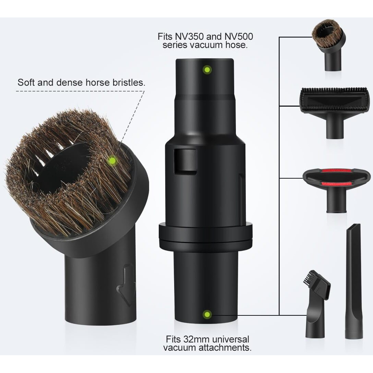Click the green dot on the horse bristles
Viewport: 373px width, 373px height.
click(x=112, y=161)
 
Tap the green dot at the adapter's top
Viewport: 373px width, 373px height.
click(x=207, y=70)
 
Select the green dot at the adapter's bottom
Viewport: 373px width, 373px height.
click(x=207, y=314)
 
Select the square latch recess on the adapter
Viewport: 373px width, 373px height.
click(x=185, y=162)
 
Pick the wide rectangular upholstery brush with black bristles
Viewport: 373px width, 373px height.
click(x=335, y=112)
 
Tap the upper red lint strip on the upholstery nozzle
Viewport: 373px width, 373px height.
click(x=336, y=171)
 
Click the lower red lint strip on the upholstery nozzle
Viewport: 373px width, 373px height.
click(x=336, y=184)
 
